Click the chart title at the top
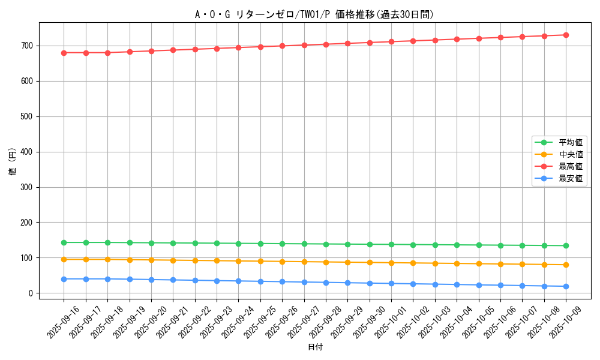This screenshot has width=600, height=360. pos(314,14)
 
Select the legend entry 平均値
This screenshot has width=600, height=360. pos(571,142)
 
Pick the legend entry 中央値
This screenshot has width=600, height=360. pos(571,154)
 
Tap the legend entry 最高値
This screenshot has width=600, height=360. pos(571,166)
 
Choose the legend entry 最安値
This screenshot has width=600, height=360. pos(571,178)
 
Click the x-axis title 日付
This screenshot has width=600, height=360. pos(315,347)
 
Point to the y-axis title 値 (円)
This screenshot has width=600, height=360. pos(12,161)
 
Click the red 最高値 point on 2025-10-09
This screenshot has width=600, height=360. pos(566,35)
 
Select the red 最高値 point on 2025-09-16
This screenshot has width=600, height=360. pos(64,53)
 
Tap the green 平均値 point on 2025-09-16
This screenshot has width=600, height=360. pos(64,242)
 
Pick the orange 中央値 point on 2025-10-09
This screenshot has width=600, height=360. pos(566,265)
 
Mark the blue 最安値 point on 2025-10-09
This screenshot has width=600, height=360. pos(566,286)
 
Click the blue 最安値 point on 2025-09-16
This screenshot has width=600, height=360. pos(64,279)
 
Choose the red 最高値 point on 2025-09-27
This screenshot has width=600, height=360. pos(304,45)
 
